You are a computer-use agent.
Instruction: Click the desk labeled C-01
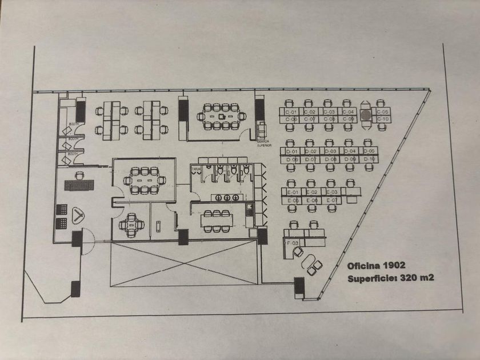tap(291, 112)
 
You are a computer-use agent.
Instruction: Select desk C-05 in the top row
tap(383, 112)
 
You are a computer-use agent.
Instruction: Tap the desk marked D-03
tap(329, 151)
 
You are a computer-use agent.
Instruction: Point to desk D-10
tap(369, 159)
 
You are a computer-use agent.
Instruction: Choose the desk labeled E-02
tap(312, 193)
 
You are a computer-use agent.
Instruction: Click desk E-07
tap(331, 201)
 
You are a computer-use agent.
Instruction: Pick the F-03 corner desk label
tap(292, 243)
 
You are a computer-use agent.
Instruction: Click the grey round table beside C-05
tap(366, 115)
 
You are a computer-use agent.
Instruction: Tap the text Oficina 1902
tap(376, 266)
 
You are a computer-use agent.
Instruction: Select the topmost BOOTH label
tap(73, 125)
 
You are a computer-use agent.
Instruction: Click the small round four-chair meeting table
tap(131, 225)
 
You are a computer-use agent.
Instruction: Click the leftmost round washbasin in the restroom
tap(217, 198)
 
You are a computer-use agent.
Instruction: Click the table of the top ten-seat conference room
tap(221, 116)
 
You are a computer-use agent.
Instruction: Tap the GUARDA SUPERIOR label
tap(263, 143)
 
